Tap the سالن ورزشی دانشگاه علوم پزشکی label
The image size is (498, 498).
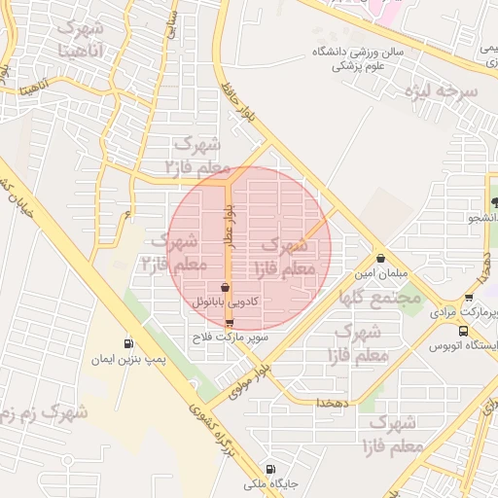[357, 58]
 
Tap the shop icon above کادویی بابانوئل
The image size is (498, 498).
[226, 288]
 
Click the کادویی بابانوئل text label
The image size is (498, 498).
[226, 303]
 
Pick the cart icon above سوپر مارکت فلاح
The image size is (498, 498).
[230, 322]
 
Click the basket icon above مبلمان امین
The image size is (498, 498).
[380, 259]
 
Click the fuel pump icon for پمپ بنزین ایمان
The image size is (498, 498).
[128, 343]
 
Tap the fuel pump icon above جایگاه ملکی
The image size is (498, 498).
[268, 467]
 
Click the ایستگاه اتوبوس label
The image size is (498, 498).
[465, 345]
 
